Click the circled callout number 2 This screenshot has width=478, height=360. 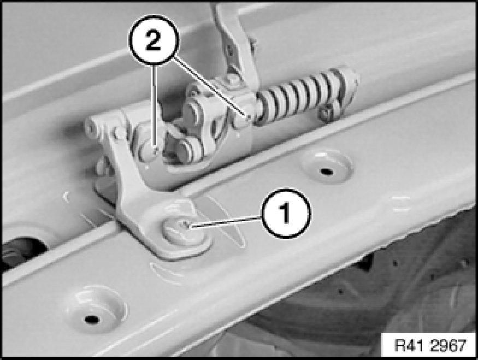click(154, 40)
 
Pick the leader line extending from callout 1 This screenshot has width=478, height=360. click(225, 222)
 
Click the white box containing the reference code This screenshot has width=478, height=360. click(429, 345)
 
